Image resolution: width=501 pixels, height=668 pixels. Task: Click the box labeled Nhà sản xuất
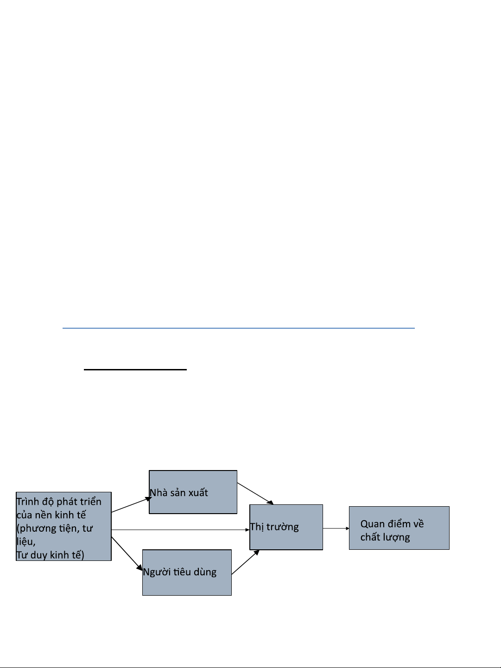pyautogui.click(x=193, y=492)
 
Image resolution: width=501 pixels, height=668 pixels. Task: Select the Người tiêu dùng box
pyautogui.click(x=187, y=573)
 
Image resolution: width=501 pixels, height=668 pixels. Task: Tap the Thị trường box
pyautogui.click(x=286, y=527)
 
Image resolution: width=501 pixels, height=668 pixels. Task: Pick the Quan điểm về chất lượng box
pyautogui.click(x=399, y=528)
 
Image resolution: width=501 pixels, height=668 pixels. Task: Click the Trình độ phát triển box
pyautogui.click(x=63, y=526)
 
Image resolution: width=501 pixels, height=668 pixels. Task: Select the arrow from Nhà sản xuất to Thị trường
pyautogui.click(x=255, y=493)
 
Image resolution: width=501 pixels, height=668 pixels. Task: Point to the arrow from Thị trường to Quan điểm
pyautogui.click(x=336, y=528)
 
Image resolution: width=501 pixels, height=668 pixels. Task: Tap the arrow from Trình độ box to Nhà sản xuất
pyautogui.click(x=132, y=505)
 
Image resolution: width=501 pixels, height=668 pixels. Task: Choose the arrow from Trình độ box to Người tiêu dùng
pyautogui.click(x=127, y=553)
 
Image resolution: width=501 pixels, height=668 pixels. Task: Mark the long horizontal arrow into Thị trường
pyautogui.click(x=180, y=530)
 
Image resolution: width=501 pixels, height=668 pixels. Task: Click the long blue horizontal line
pyautogui.click(x=239, y=328)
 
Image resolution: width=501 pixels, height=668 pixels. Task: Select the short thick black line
pyautogui.click(x=135, y=369)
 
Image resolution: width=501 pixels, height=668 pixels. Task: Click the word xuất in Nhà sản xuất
pyautogui.click(x=197, y=493)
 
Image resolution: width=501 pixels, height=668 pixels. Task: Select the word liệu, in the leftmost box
pyautogui.click(x=26, y=542)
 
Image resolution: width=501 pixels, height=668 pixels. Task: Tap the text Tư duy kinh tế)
pyautogui.click(x=50, y=555)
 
